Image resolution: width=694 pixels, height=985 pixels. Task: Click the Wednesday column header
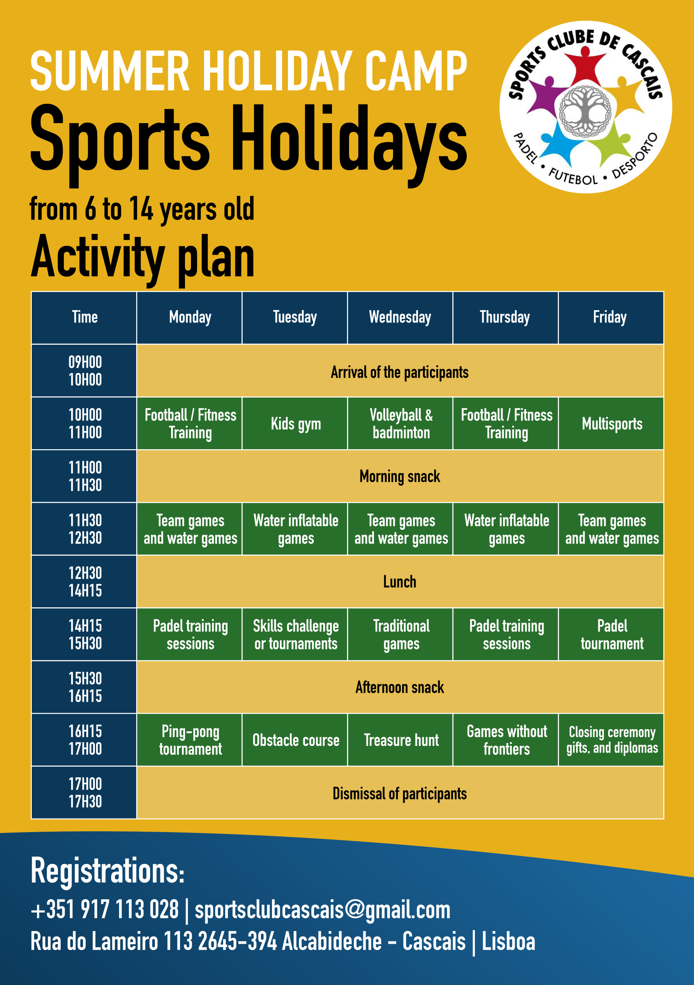tap(400, 317)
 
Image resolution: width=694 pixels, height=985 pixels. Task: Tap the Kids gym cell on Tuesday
tap(295, 423)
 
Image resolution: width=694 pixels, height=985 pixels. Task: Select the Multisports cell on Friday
tap(611, 423)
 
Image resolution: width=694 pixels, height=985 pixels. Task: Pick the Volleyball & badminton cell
tap(400, 423)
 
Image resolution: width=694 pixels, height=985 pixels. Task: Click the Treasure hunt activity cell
tap(400, 740)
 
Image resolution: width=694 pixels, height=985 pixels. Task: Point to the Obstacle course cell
tap(295, 740)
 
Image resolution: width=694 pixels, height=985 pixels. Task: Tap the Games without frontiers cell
tap(505, 740)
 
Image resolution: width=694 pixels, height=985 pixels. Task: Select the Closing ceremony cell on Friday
tap(611, 740)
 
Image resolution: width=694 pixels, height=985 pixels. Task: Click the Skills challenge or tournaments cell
tap(295, 634)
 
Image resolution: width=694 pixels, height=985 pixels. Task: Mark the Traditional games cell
tap(400, 634)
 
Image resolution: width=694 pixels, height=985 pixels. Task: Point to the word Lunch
tap(400, 582)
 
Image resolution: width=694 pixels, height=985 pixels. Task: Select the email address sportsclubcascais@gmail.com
tap(322, 910)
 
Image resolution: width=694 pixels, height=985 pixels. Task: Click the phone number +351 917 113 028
tap(105, 910)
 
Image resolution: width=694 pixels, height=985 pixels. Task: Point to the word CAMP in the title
tap(416, 71)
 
